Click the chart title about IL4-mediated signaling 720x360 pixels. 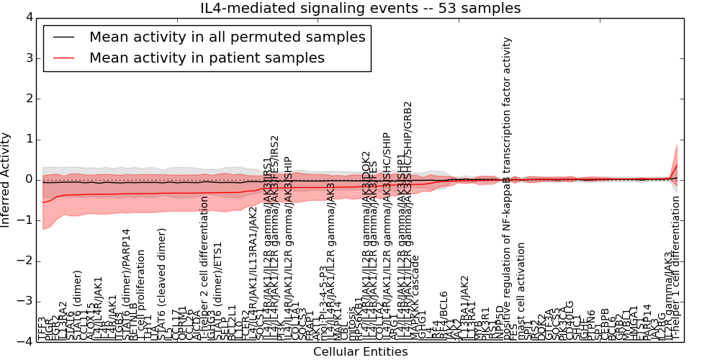(360, 8)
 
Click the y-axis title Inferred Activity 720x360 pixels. (6, 179)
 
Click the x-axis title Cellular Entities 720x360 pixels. (360, 352)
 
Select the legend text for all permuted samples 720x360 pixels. (227, 37)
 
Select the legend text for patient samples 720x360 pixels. (207, 58)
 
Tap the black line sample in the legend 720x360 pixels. (63, 37)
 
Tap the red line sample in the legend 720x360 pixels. (63, 58)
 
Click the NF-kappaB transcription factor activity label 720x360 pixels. (507, 187)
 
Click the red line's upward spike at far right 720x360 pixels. (676, 166)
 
